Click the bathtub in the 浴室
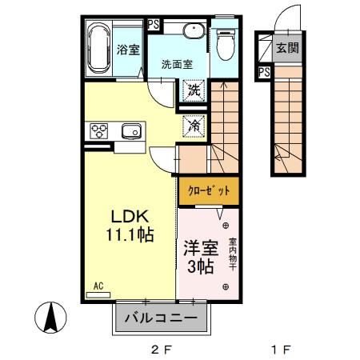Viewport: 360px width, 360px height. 98,49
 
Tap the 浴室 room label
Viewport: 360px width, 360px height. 128,50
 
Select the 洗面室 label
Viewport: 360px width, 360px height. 176,64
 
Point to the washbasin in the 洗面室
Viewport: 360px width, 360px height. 192,31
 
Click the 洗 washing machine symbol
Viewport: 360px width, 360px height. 193,91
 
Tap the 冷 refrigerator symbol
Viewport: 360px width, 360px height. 193,124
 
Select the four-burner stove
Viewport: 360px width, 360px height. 100,130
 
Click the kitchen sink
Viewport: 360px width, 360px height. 130,130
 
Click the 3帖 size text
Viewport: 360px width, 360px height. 198,267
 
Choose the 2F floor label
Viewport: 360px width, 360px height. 162,349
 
